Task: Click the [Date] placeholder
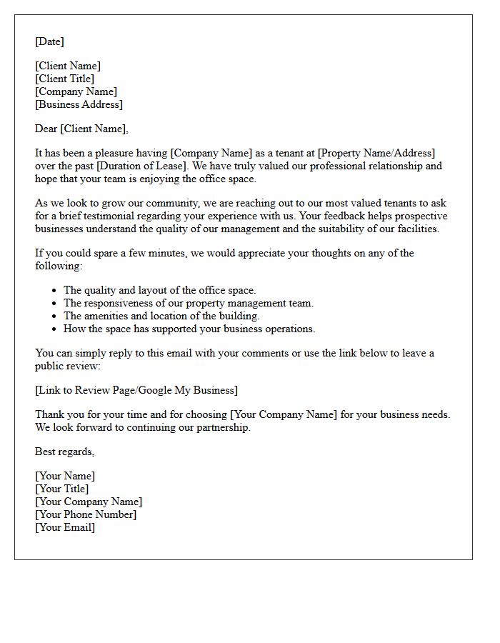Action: pyautogui.click(x=49, y=41)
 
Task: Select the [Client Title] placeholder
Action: pyautogui.click(x=64, y=79)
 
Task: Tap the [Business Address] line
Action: pyautogui.click(x=79, y=104)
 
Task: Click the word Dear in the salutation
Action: pyautogui.click(x=46, y=129)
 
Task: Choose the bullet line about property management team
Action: pyautogui.click(x=189, y=303)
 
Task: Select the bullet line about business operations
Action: pyautogui.click(x=189, y=329)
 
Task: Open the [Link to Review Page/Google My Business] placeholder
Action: pyautogui.click(x=136, y=390)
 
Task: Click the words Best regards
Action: pyautogui.click(x=64, y=452)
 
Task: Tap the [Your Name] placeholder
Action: pyautogui.click(x=64, y=476)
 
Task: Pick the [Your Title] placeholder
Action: pyautogui.click(x=61, y=489)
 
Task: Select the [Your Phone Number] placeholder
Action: pyautogui.click(x=86, y=514)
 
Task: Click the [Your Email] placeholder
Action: pyautogui.click(x=64, y=527)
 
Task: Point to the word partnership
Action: pyautogui.click(x=222, y=427)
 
